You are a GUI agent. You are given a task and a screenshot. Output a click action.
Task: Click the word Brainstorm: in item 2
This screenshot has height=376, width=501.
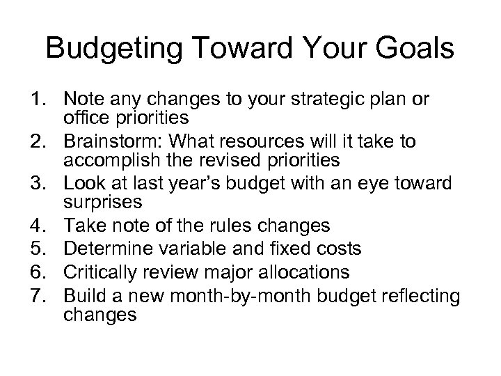coord(106,142)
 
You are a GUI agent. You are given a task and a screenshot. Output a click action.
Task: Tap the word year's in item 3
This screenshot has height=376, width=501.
coord(191,184)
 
